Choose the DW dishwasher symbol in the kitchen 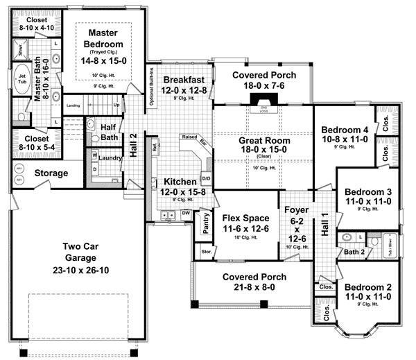[186, 213]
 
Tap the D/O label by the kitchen [206, 177]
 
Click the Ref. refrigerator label [154, 147]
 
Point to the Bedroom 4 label [345, 129]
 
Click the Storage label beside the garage [52, 173]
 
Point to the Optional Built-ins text [151, 89]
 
